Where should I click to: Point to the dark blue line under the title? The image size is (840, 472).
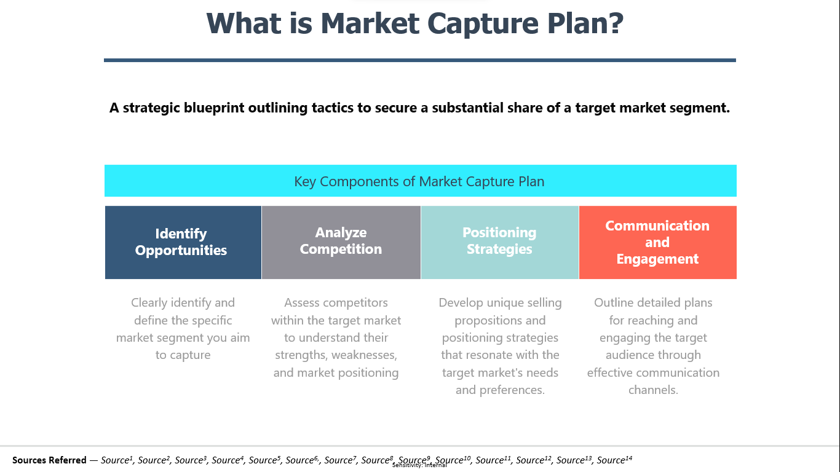pyautogui.click(x=419, y=60)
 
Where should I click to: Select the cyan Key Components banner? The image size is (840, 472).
pyautogui.click(x=421, y=181)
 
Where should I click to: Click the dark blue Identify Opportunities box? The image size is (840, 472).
pyautogui.click(x=183, y=242)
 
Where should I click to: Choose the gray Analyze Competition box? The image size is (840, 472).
pyautogui.click(x=341, y=242)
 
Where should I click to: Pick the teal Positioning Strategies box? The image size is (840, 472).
pyautogui.click(x=499, y=242)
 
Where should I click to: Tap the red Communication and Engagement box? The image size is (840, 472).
pyautogui.click(x=658, y=242)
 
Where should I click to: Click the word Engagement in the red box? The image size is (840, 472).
pyautogui.click(x=657, y=259)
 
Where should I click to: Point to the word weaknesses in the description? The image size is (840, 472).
pyautogui.click(x=364, y=355)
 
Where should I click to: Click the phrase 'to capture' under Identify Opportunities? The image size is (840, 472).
pyautogui.click(x=183, y=355)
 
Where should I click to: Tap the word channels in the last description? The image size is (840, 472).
pyautogui.click(x=653, y=390)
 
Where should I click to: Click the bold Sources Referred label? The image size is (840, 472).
pyautogui.click(x=49, y=460)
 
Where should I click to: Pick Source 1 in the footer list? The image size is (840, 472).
pyautogui.click(x=117, y=460)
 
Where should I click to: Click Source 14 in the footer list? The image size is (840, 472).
pyautogui.click(x=614, y=460)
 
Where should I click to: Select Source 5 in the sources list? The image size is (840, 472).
pyautogui.click(x=264, y=460)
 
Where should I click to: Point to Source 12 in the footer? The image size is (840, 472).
pyautogui.click(x=533, y=460)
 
